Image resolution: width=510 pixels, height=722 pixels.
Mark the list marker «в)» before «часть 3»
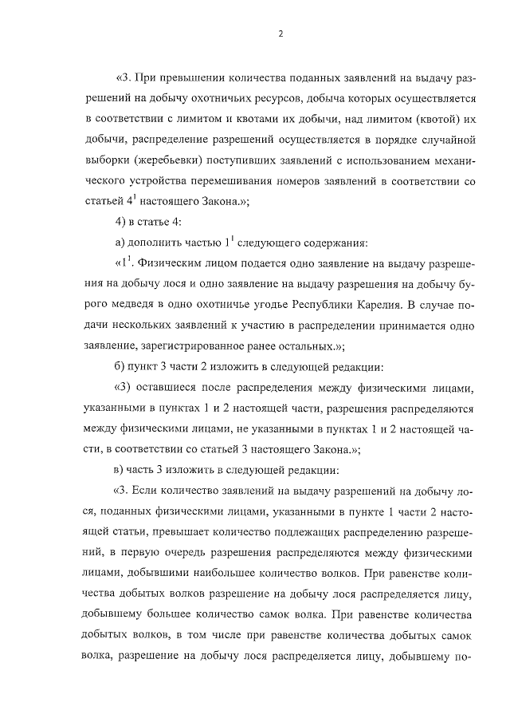[122, 471]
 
